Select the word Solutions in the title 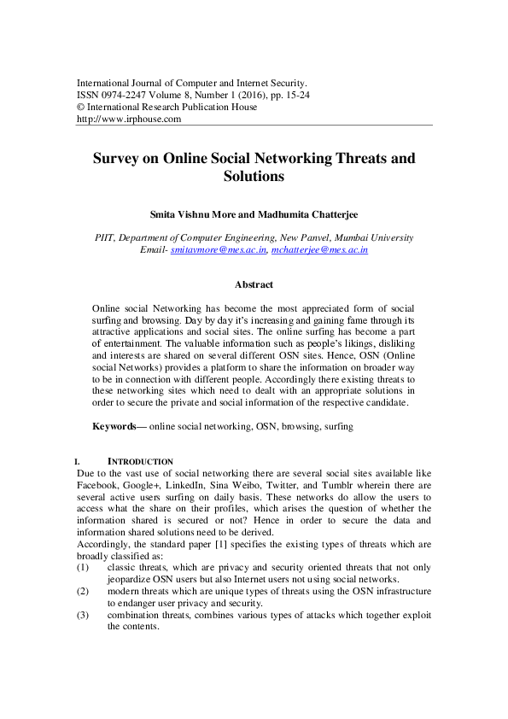(254, 177)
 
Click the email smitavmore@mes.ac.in (219, 249)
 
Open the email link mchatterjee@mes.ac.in (319, 249)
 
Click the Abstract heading (254, 284)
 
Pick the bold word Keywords (114, 425)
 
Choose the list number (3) (83, 614)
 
